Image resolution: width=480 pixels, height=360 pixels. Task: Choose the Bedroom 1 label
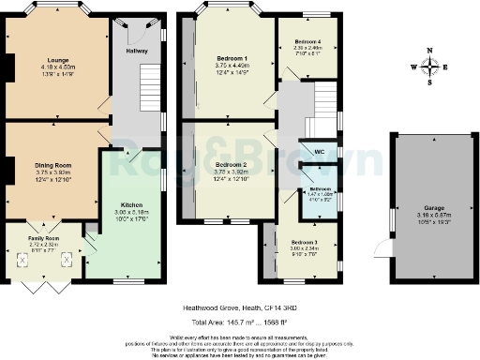(231, 58)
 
